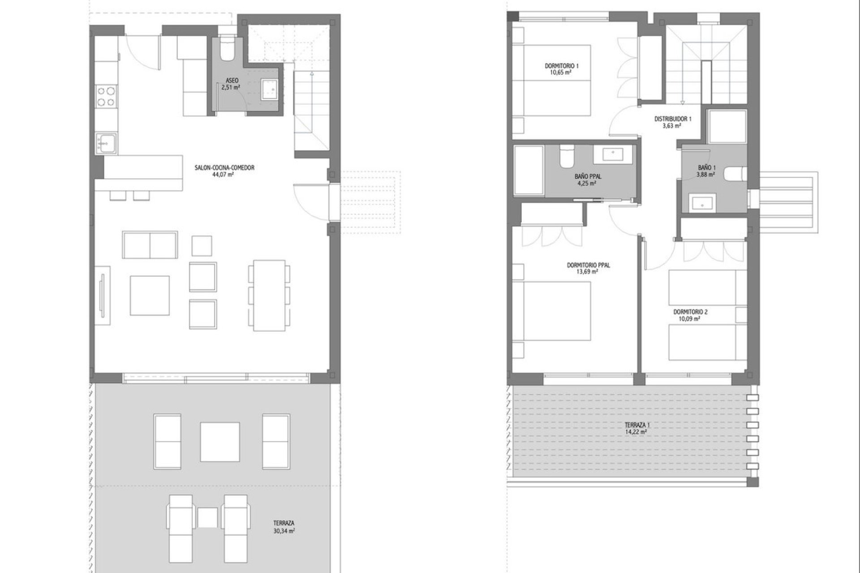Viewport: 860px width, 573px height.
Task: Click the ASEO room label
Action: pos(232,81)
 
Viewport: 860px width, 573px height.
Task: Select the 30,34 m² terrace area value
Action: pos(284,531)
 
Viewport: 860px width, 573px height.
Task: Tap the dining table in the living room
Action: pos(269,295)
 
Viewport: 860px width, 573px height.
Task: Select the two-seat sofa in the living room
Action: pos(150,245)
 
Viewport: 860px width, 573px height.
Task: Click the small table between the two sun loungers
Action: pos(207,517)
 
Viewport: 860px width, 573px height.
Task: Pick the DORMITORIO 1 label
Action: pos(562,66)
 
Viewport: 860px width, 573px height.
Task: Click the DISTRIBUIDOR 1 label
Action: pos(673,119)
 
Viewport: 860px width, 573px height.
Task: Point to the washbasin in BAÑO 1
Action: pos(702,203)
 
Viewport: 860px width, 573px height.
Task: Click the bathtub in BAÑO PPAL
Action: pos(529,170)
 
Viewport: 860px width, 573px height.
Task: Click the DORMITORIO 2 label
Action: pos(690,312)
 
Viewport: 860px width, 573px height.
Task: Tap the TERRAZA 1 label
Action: pos(637,425)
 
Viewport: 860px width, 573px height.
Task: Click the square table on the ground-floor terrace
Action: pos(220,442)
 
